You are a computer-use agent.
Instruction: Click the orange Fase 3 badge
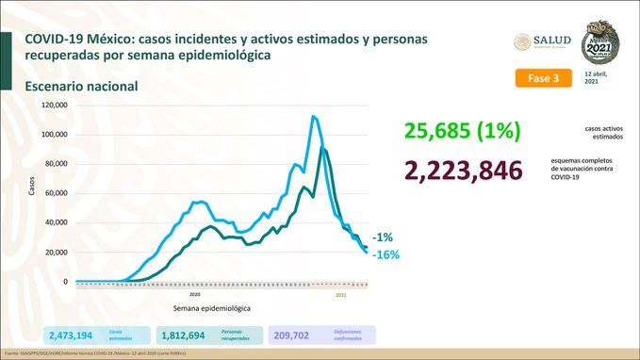[x=544, y=78]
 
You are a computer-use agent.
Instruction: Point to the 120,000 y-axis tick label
[x=55, y=105]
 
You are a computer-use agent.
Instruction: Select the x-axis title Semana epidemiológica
[x=211, y=308]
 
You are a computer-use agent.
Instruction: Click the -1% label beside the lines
[x=382, y=237]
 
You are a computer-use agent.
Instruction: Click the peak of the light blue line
[x=312, y=117]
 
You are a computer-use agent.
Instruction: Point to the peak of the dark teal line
[x=323, y=149]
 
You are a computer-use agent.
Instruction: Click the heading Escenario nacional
[x=82, y=86]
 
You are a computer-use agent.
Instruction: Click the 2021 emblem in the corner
[x=601, y=41]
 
